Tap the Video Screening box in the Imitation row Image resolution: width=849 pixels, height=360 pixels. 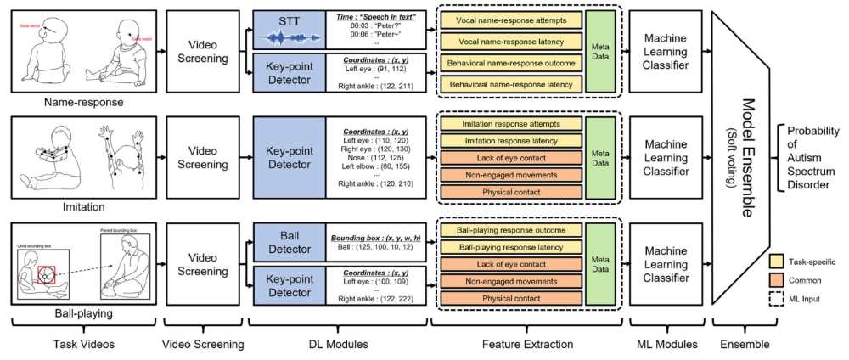pos(203,158)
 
